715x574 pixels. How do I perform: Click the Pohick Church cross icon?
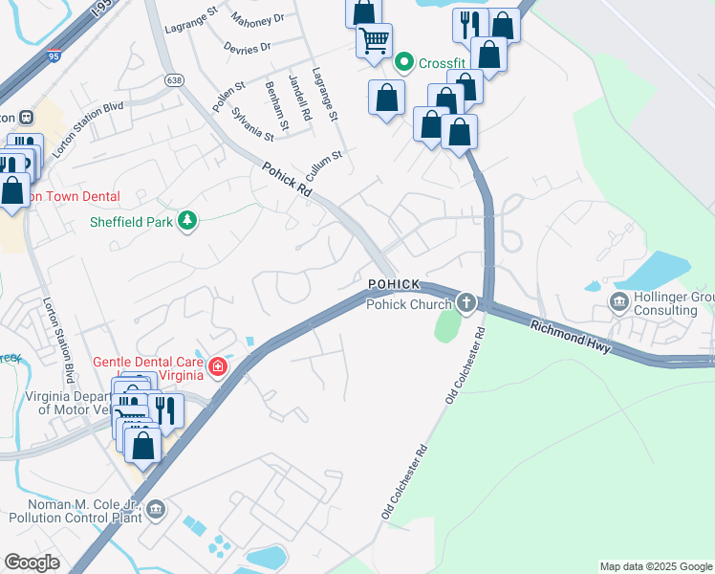pos(466,303)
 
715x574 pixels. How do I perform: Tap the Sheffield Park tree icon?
pos(188,221)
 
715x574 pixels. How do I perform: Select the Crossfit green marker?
pos(404,63)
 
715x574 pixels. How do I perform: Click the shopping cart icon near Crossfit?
pos(374,40)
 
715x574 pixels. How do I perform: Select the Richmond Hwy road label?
pos(571,337)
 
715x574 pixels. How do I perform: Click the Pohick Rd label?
pos(288,179)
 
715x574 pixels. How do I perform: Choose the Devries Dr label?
pos(246,46)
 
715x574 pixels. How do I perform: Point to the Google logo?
pos(32,563)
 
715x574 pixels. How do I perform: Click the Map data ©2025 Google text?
pos(655,566)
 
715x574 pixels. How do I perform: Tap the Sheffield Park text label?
pos(131,222)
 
